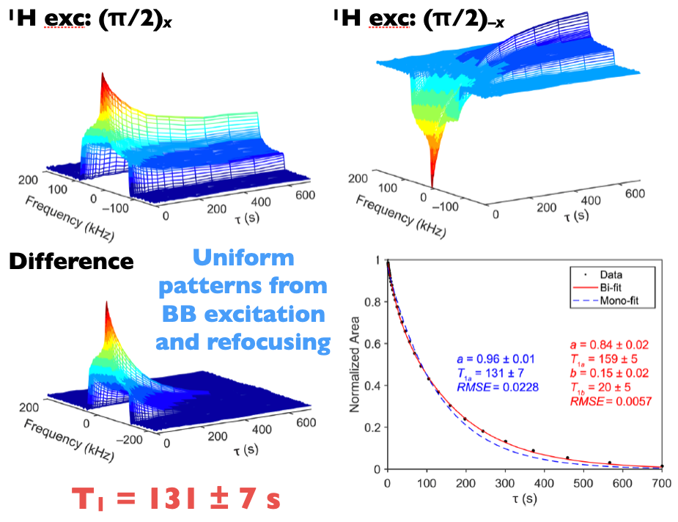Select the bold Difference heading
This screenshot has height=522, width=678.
pos(70,261)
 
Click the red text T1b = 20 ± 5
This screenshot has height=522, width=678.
pos(601,387)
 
